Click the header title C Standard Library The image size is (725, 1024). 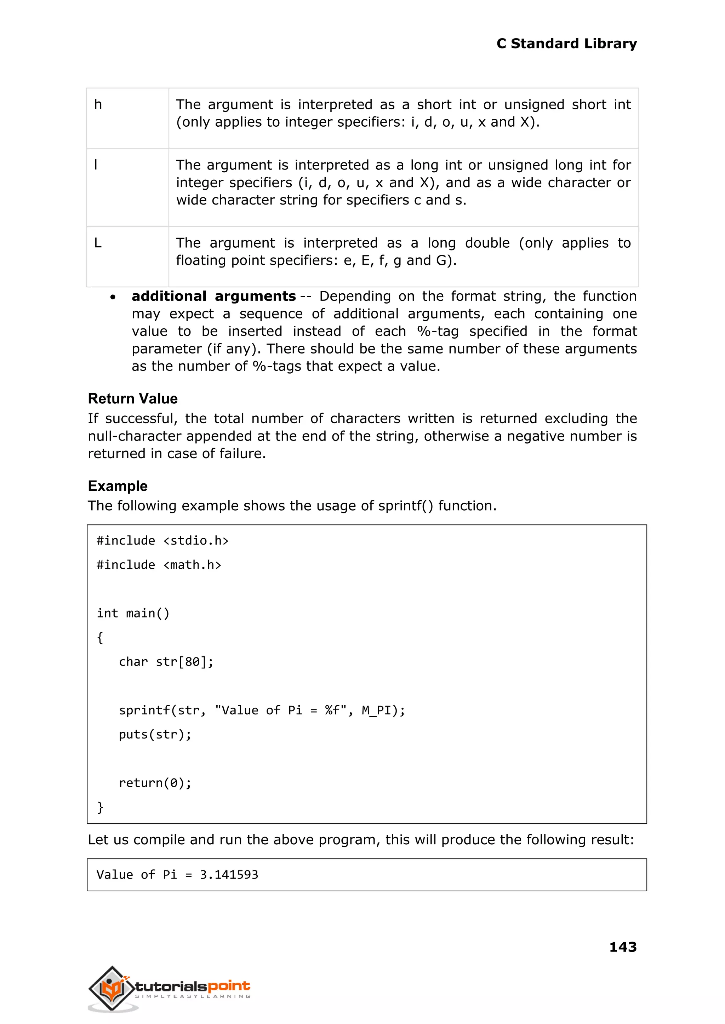click(566, 44)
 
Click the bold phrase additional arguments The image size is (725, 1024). click(213, 296)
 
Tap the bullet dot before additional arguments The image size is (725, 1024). click(113, 297)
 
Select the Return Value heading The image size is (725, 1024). click(133, 398)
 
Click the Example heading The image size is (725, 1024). click(118, 486)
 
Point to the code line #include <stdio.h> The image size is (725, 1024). click(162, 541)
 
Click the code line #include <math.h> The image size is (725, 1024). click(159, 565)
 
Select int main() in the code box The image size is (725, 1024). click(133, 613)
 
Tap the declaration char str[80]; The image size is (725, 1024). click(166, 662)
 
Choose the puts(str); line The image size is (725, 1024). click(155, 735)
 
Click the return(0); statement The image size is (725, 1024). click(155, 783)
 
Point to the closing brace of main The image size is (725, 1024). click(100, 807)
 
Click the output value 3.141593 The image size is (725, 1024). click(229, 875)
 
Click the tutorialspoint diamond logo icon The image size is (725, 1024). click(112, 988)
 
